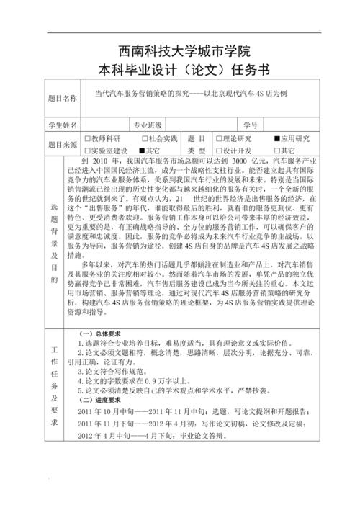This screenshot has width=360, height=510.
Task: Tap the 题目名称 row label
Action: pos(61,97)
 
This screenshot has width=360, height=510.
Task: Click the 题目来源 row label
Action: pos(61,144)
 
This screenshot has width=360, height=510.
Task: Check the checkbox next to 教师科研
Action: pos(88,138)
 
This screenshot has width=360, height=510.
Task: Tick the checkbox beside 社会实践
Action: pos(144,138)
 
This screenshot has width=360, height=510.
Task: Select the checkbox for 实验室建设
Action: pos(88,150)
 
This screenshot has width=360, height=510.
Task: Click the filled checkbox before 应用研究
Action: pos(276,138)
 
